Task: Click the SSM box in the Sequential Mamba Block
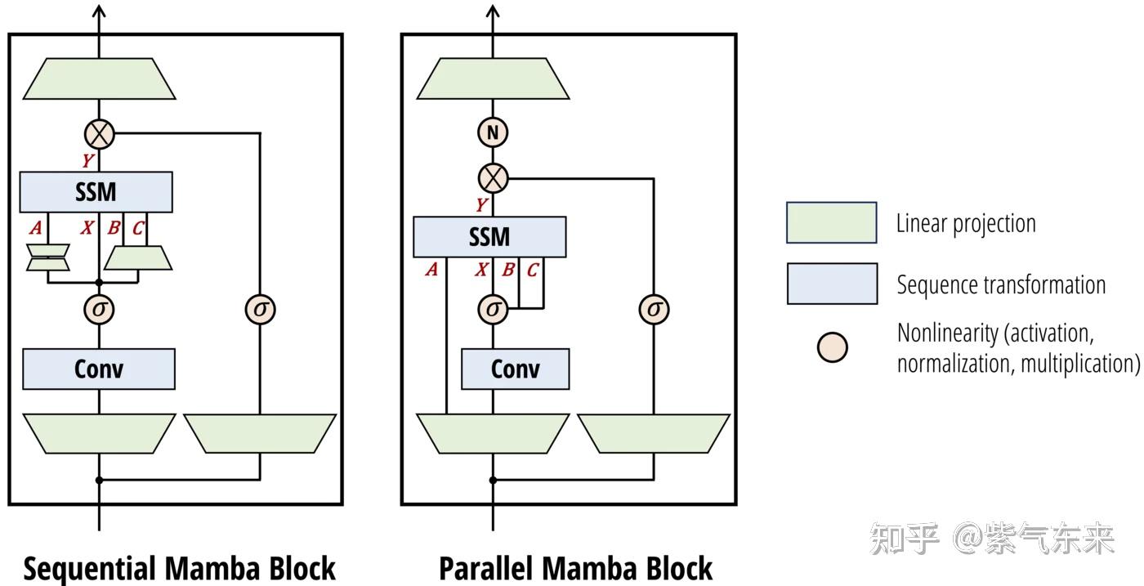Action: [96, 192]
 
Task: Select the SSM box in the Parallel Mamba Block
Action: [489, 237]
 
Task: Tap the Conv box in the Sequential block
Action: [98, 369]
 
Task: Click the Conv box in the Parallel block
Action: [515, 369]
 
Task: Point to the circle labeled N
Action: [493, 132]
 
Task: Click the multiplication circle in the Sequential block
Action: [100, 132]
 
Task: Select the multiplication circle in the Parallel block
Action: [493, 177]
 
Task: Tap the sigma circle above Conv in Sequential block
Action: [100, 310]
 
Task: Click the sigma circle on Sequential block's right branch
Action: [261, 310]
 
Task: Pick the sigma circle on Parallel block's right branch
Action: [654, 310]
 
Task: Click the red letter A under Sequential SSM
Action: [34, 229]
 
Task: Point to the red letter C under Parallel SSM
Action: [532, 270]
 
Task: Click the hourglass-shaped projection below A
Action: [47, 257]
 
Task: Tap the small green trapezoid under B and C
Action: [138, 258]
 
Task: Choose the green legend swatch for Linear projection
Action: [831, 223]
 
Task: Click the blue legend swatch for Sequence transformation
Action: [831, 284]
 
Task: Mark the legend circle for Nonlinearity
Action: [832, 347]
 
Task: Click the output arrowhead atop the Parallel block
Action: [493, 11]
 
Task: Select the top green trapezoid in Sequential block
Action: [100, 79]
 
